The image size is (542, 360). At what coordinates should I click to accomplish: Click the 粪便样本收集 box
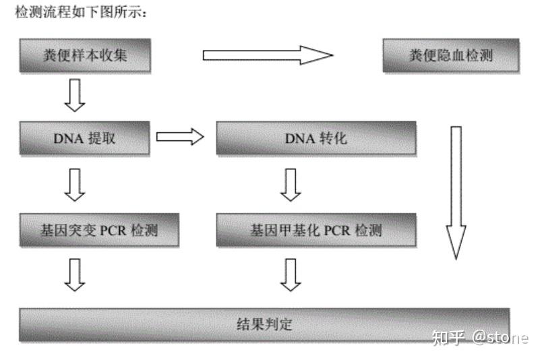[84, 56]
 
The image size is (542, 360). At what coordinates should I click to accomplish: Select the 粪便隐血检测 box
[451, 56]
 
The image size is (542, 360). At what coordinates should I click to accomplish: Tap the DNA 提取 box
[84, 138]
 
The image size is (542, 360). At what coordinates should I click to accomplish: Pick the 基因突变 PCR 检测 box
[99, 230]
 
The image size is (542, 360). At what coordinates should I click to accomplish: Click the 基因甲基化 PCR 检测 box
[315, 230]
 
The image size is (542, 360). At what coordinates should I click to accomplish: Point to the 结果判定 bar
[264, 324]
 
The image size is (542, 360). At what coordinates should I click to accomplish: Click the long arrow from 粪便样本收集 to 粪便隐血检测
[268, 55]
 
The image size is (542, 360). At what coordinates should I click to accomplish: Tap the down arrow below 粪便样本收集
[74, 94]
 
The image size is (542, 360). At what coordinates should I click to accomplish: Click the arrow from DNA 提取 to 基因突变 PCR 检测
[75, 184]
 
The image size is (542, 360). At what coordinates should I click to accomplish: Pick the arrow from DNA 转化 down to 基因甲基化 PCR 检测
[291, 184]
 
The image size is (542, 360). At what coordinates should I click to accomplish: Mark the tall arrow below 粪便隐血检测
[456, 192]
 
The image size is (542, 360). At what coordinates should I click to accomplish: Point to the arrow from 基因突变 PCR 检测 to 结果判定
[75, 274]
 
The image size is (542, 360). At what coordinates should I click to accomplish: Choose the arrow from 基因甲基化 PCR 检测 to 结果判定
[291, 274]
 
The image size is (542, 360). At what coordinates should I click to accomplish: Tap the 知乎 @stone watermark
[480, 336]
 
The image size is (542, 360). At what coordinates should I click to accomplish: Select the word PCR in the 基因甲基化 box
[337, 230]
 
